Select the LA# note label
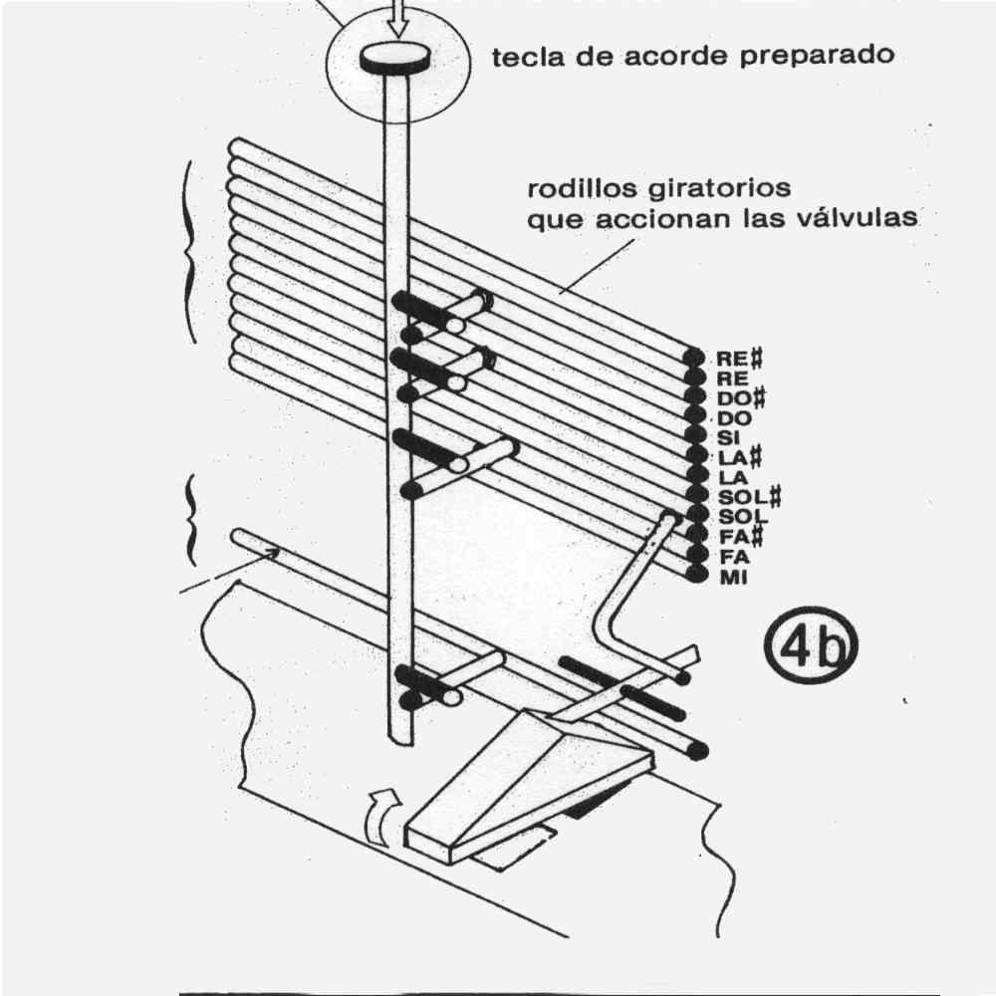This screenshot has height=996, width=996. pos(738,456)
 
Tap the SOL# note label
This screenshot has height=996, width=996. pos(747,496)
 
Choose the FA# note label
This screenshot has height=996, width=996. pos(736,537)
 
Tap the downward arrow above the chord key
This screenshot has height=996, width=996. pos(397,16)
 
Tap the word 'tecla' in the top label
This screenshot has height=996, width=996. pos(529,56)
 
